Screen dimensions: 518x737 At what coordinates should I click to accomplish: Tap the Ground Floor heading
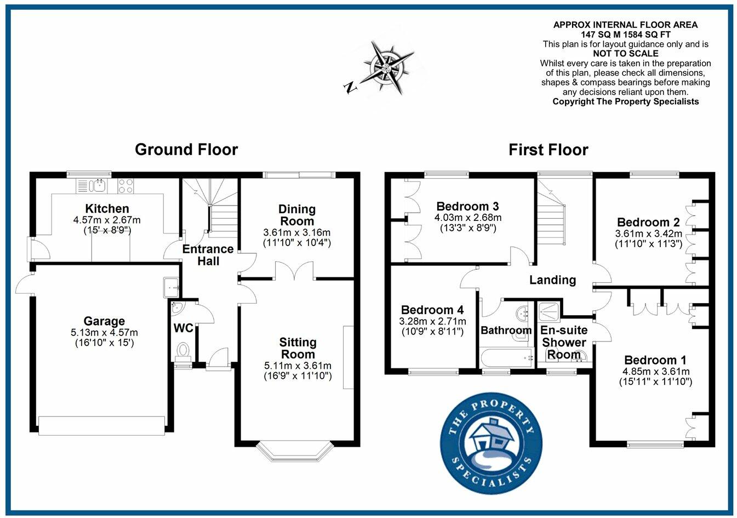point(186,150)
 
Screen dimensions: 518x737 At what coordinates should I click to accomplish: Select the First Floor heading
point(548,150)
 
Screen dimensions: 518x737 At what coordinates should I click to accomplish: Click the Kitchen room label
point(107,208)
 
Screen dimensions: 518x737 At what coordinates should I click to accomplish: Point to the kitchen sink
point(99,185)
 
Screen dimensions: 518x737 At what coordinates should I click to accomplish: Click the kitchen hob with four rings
point(125,186)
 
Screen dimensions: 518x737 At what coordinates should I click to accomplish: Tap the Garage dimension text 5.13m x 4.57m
point(104,332)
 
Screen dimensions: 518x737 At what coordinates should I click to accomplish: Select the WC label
point(183,328)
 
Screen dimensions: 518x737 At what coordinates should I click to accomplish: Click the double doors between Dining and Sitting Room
point(294,272)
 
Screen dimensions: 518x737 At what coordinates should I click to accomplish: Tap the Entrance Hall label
point(208,255)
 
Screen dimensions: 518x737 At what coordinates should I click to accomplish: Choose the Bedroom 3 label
point(467,206)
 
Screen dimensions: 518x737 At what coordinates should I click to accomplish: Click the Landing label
point(552,280)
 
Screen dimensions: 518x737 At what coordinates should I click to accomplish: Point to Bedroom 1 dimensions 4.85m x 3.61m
point(655,371)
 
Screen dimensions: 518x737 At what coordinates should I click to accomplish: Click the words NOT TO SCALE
point(625,54)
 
